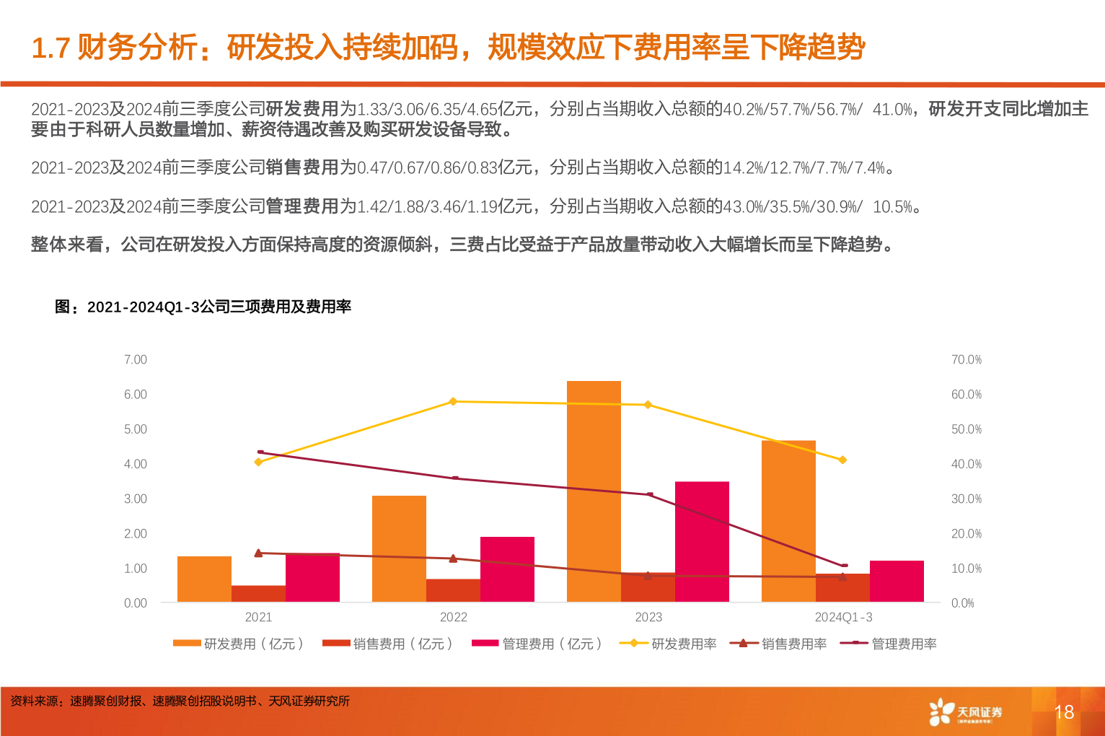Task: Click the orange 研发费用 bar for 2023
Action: click(x=594, y=491)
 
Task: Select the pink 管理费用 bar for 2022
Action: click(x=507, y=569)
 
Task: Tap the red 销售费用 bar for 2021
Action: click(x=258, y=593)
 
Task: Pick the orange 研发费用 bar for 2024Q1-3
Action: click(x=788, y=520)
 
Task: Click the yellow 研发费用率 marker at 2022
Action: click(x=453, y=401)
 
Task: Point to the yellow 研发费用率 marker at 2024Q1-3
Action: click(x=842, y=460)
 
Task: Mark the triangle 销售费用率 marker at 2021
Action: click(x=258, y=553)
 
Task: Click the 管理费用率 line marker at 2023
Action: click(x=649, y=494)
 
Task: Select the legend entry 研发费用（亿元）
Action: click(x=239, y=644)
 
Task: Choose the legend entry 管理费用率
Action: click(x=889, y=644)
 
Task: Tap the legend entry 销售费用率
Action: click(x=778, y=644)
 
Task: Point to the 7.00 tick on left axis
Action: click(x=135, y=359)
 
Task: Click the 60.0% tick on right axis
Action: click(x=966, y=395)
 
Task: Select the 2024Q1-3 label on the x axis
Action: click(x=843, y=617)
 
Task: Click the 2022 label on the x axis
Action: click(x=453, y=617)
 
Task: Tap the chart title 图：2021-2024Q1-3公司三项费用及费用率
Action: click(x=203, y=307)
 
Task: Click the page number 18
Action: click(x=1064, y=712)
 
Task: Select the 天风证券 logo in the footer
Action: click(x=965, y=712)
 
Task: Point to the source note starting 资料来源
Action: click(x=180, y=701)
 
